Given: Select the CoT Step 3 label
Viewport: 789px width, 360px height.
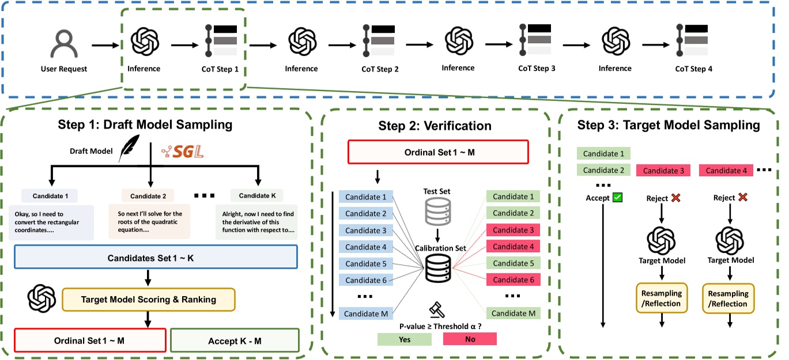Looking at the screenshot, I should (537, 68).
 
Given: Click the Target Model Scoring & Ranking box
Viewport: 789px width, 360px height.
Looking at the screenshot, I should (149, 298).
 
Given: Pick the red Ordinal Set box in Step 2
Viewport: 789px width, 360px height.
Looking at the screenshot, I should (438, 152).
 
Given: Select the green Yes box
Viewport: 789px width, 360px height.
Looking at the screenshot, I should (405, 339).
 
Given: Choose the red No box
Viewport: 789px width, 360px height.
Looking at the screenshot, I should (470, 339).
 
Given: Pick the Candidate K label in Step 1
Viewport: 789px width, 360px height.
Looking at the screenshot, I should (256, 196).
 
